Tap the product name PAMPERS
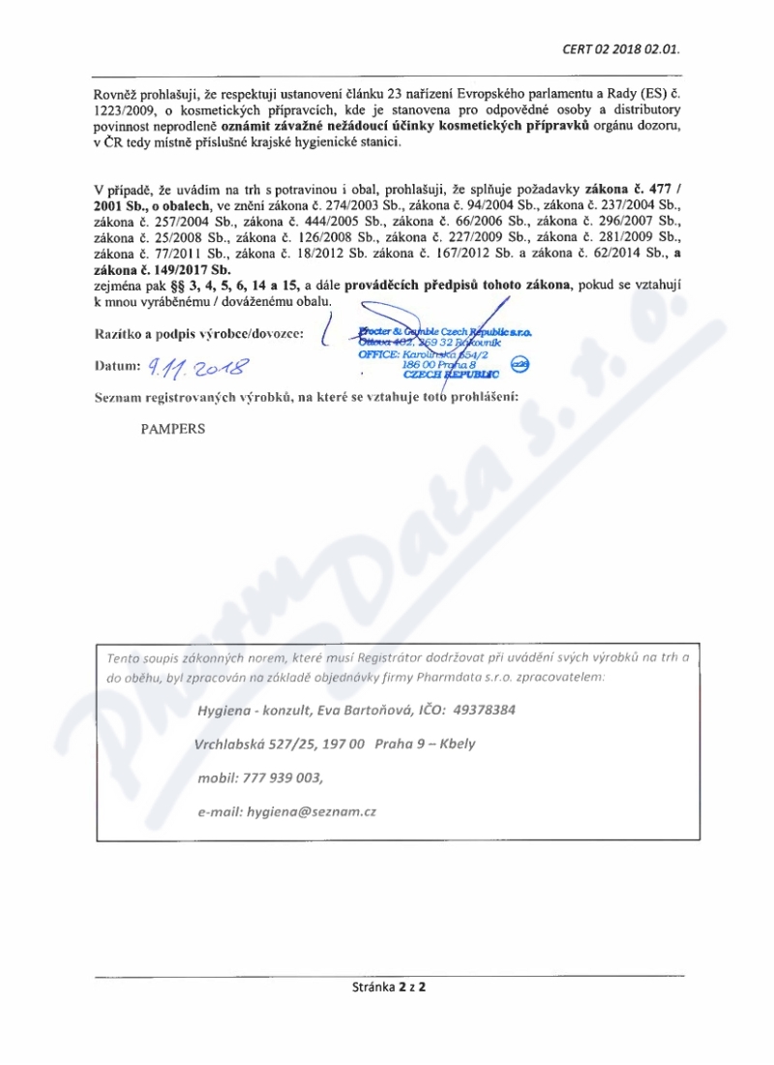click(173, 428)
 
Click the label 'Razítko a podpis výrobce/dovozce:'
click(198, 334)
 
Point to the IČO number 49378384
click(479, 709)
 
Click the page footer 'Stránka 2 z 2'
click(389, 989)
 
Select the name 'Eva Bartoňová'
click(365, 709)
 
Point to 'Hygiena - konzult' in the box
click(251, 709)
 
